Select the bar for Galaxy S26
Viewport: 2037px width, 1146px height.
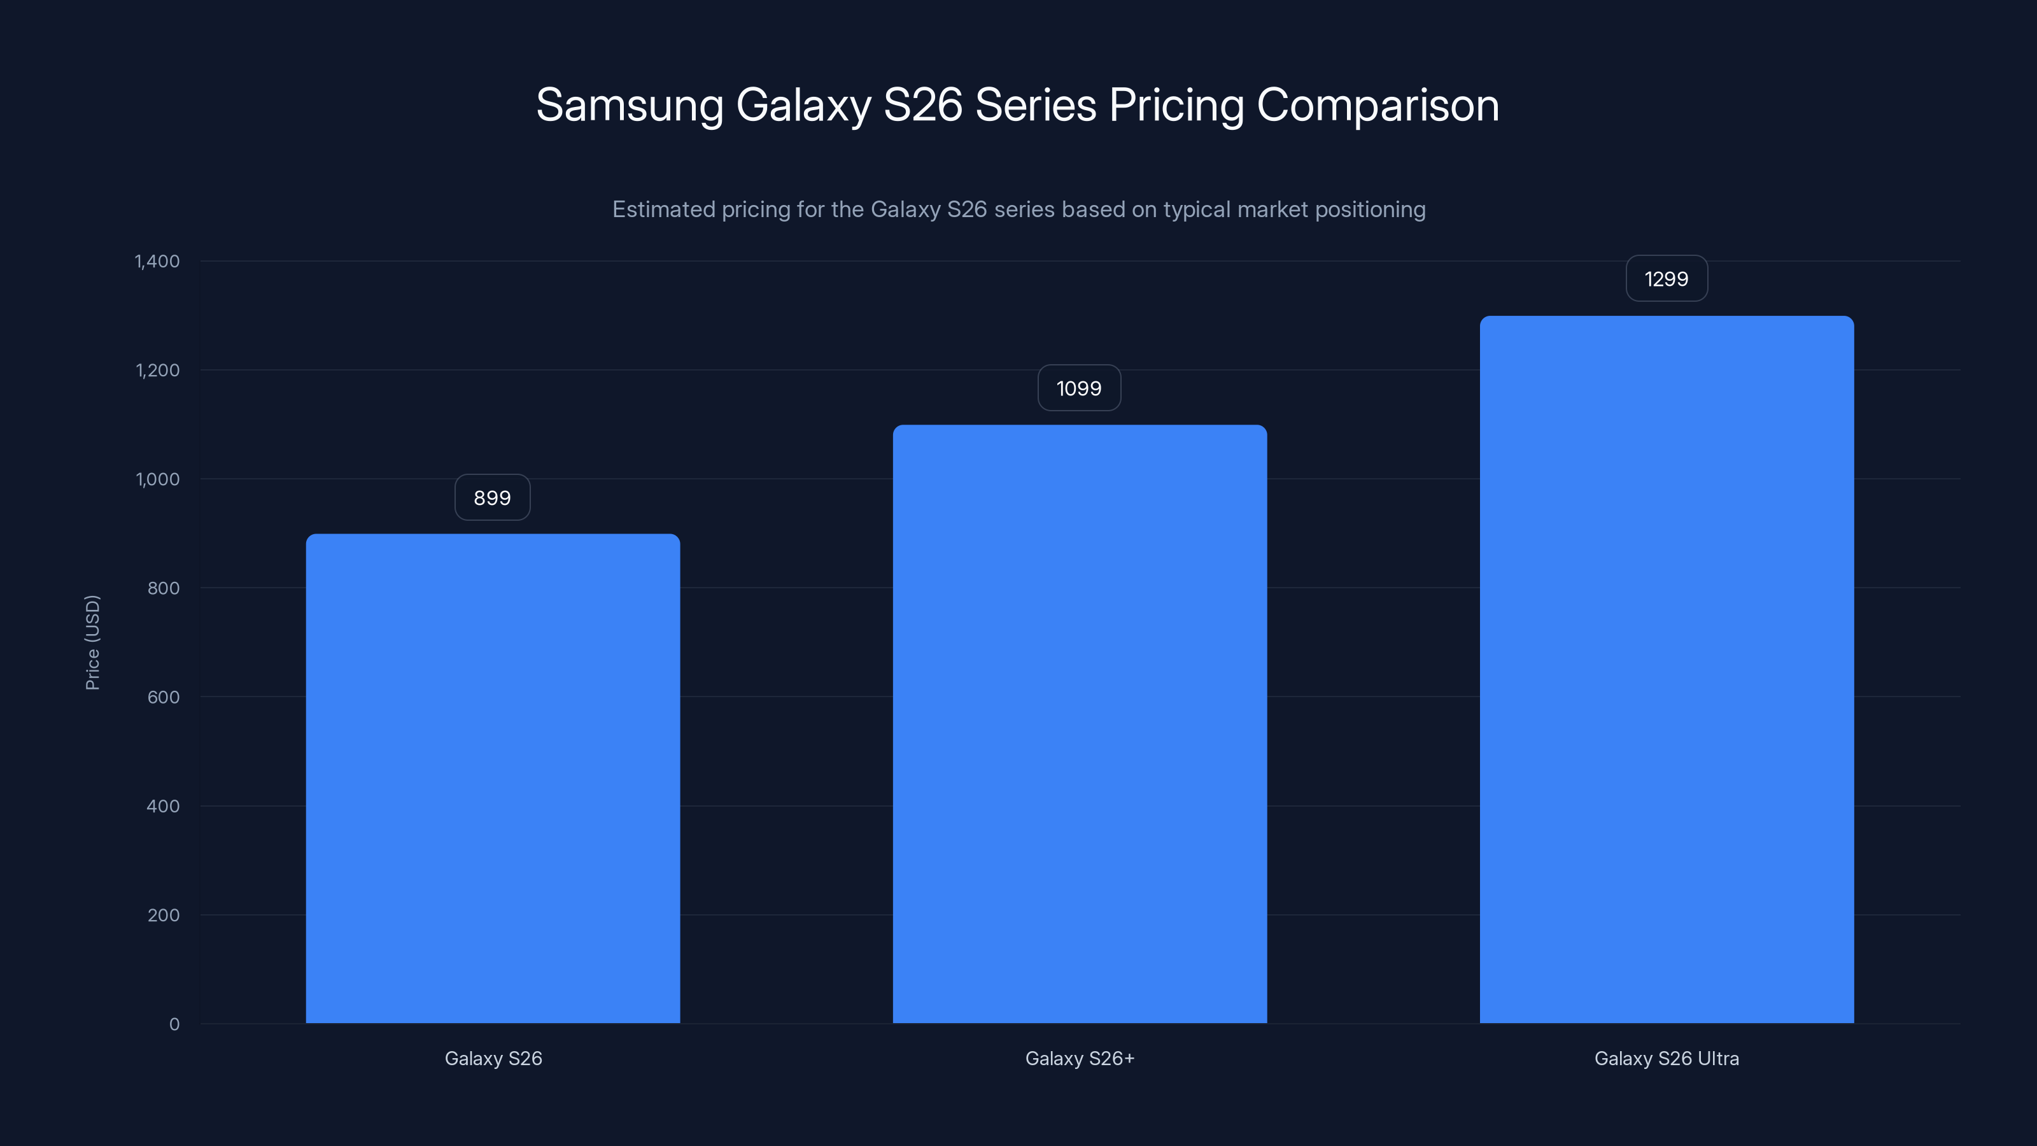point(493,779)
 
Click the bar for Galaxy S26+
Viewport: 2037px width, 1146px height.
point(1080,724)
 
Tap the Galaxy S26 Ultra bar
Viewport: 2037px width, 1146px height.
point(1666,669)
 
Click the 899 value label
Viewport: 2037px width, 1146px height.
point(492,497)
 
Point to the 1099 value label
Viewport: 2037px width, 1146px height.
point(1078,388)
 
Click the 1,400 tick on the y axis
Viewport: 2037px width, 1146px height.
point(157,261)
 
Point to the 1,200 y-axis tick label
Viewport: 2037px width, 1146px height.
point(157,370)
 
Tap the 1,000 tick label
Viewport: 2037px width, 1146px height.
point(157,479)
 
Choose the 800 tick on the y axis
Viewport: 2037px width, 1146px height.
point(163,588)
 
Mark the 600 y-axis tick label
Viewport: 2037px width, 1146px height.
point(163,697)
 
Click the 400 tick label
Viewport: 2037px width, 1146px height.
point(163,806)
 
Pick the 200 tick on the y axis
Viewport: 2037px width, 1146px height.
point(163,915)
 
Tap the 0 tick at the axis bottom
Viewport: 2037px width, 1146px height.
point(174,1024)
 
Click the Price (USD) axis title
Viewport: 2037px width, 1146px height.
point(92,642)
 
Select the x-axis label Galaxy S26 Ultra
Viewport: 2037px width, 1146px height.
point(1666,1058)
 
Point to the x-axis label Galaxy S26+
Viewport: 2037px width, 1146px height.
point(1080,1058)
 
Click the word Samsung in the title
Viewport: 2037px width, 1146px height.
point(630,105)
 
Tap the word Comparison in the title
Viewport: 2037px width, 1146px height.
point(1378,105)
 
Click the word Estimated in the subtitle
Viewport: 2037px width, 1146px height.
point(663,209)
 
